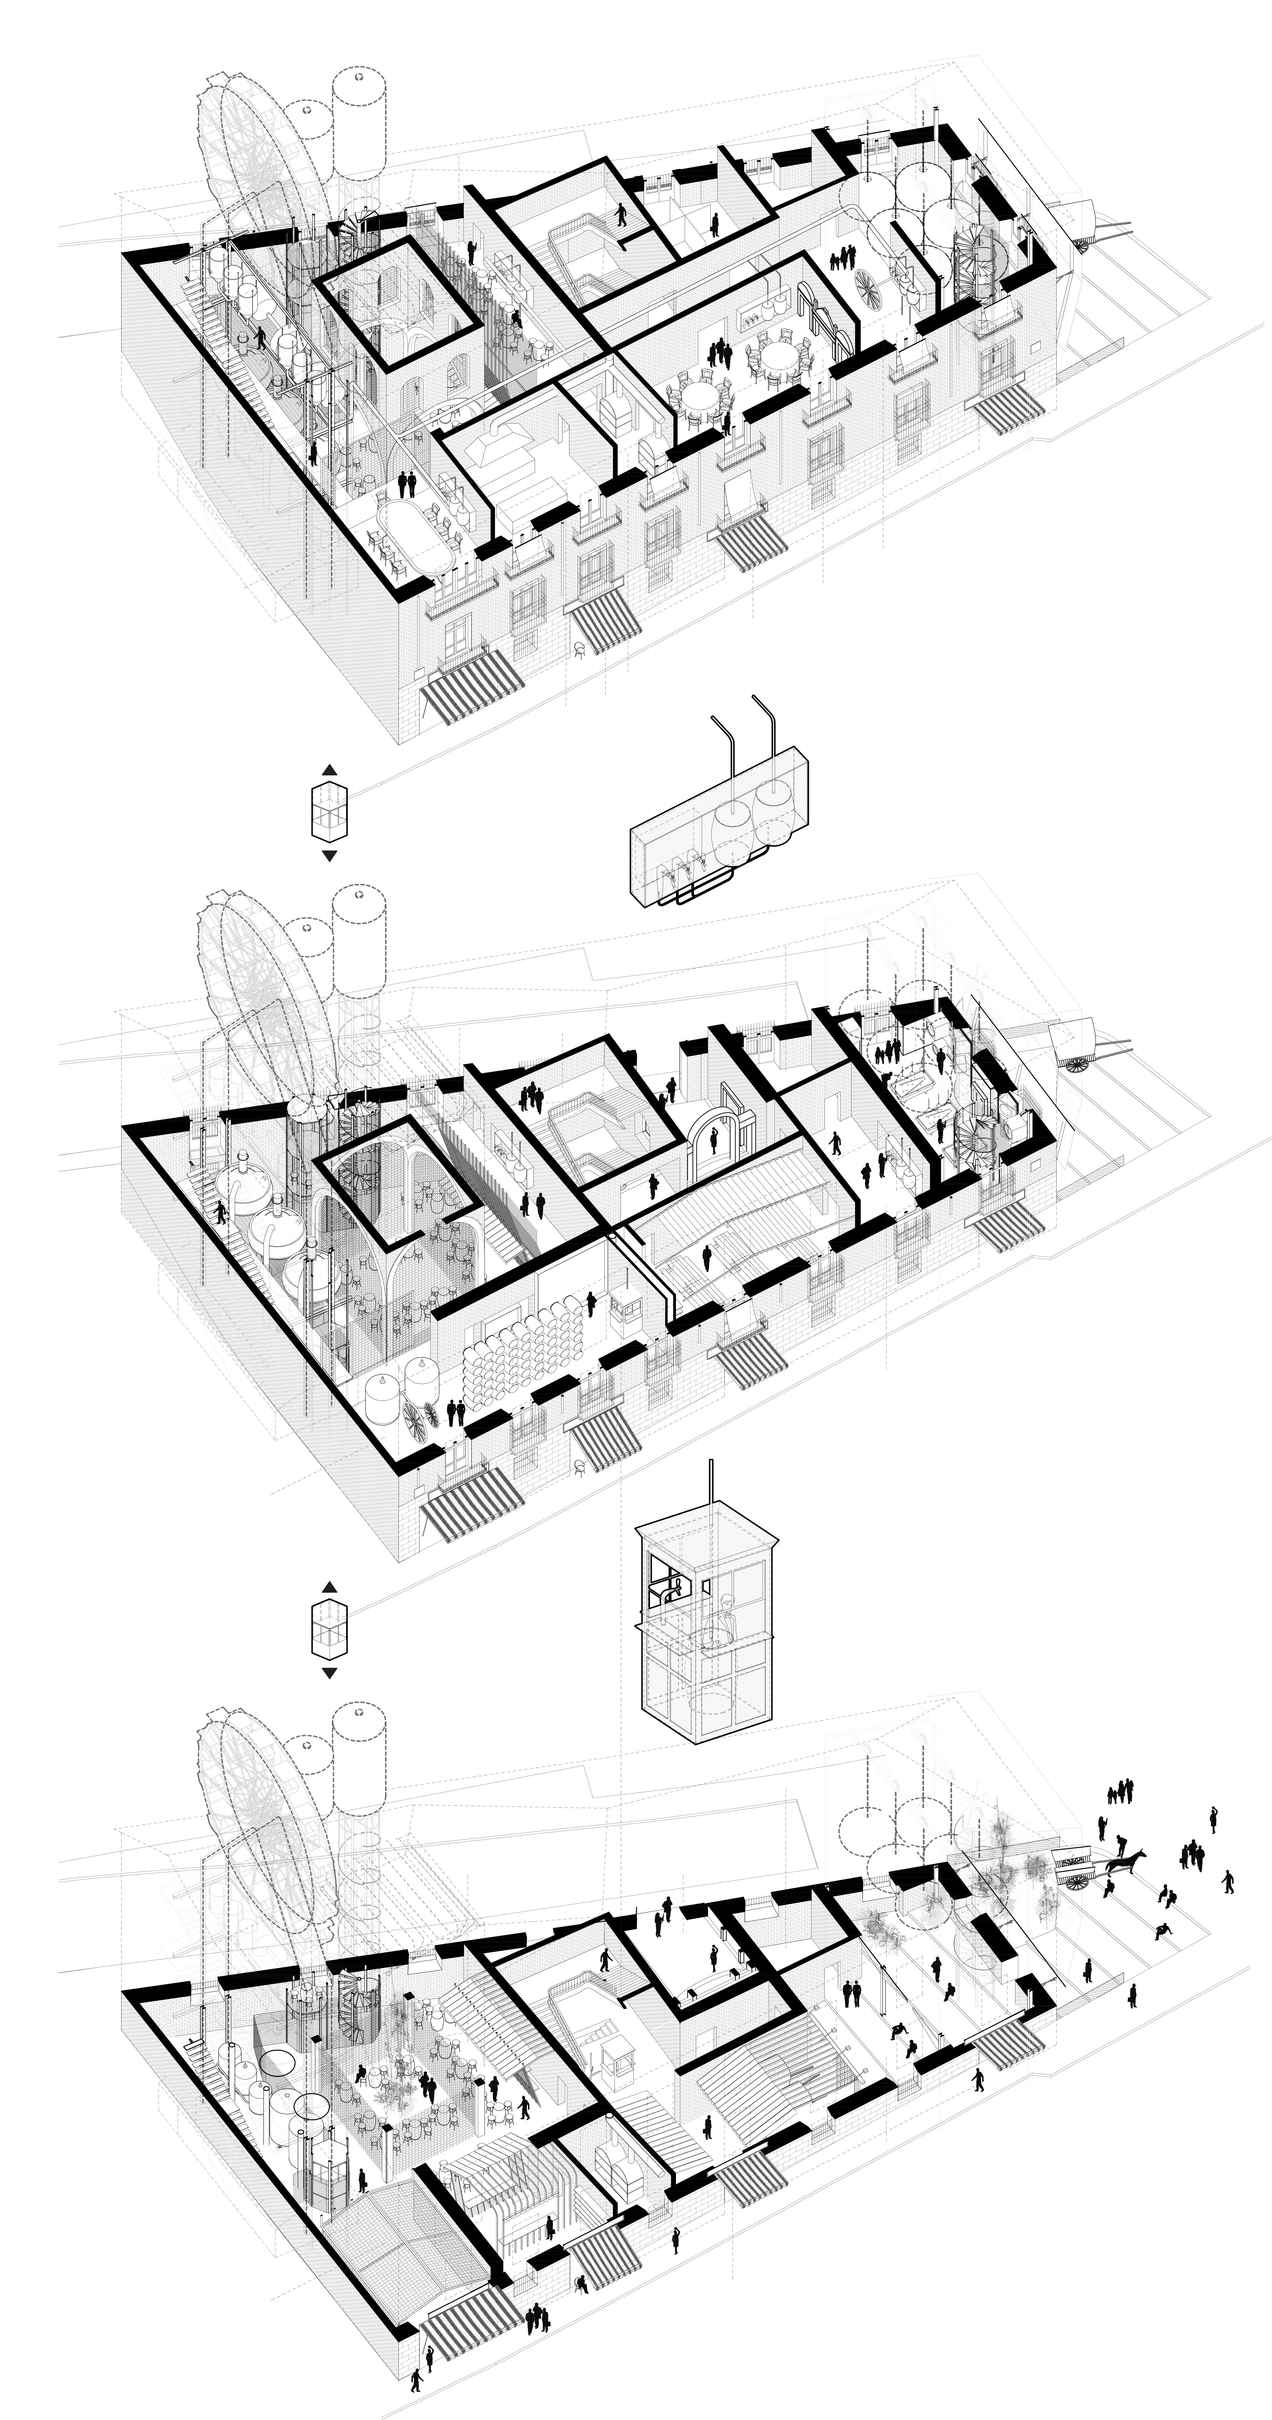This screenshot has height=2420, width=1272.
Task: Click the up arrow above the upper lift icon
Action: (329, 768)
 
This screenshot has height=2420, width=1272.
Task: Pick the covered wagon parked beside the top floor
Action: (1090, 223)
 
